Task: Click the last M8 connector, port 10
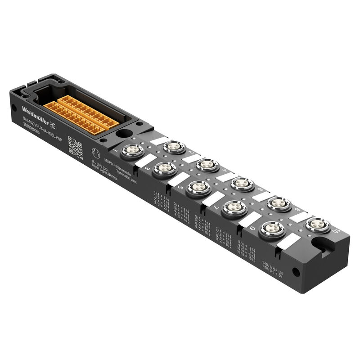click(318, 225)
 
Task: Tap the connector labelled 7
click(234, 207)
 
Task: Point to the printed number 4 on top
click(224, 171)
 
